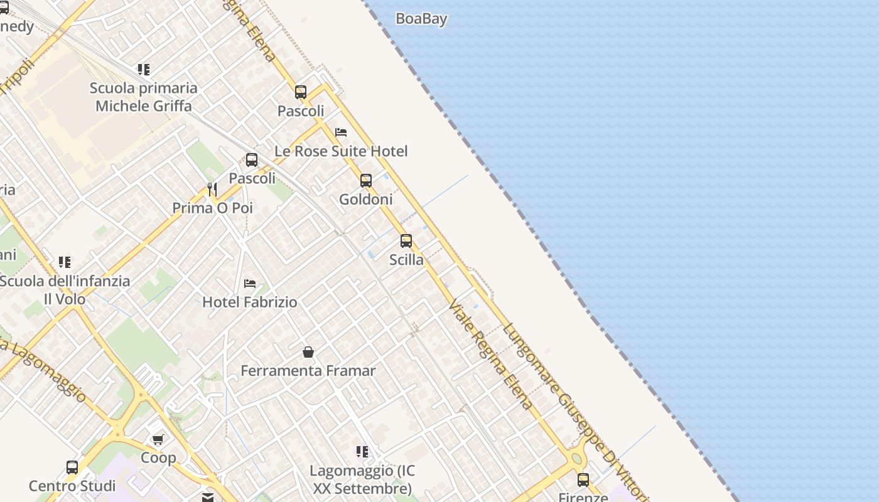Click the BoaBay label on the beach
421,19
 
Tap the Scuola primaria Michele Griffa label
144,97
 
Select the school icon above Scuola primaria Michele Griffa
144,69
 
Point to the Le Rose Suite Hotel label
341,151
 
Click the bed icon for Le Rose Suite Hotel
341,132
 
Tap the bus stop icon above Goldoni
366,181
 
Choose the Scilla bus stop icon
406,241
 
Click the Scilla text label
406,260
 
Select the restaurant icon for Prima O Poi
212,189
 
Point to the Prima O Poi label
212,208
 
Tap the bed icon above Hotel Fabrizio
250,284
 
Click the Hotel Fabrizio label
250,302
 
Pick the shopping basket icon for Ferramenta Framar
308,352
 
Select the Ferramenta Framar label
308,371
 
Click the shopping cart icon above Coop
158,439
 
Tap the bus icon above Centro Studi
72,467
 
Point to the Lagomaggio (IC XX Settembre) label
362,479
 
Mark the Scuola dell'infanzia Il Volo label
65,290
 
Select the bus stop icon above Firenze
583,480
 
